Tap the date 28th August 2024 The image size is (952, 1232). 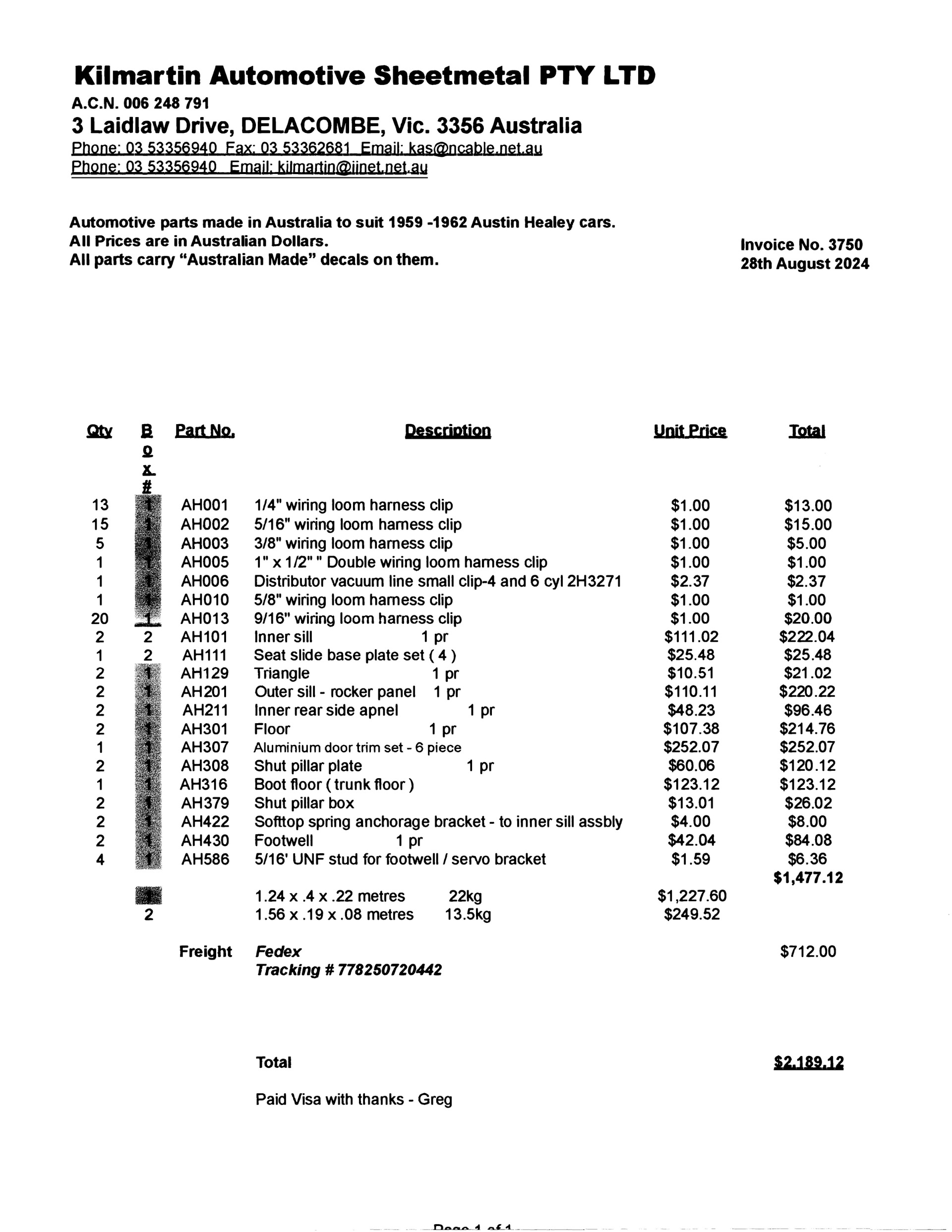tap(804, 264)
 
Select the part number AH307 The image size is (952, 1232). tap(205, 747)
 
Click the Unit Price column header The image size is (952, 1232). tap(690, 431)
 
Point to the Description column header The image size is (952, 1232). tap(448, 431)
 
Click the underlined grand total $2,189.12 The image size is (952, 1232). tap(808, 1063)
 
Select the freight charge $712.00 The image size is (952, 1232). tap(808, 952)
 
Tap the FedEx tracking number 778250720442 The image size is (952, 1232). tap(389, 970)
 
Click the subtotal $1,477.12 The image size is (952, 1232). tap(808, 878)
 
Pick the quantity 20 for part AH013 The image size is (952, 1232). tap(100, 619)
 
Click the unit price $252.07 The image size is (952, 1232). tap(691, 747)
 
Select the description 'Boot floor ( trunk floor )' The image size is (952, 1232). tap(334, 785)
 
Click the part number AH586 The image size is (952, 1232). tap(205, 859)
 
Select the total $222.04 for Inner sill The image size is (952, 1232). tap(807, 637)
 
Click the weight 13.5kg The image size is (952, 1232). tap(468, 915)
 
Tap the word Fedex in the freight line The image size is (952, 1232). tap(278, 952)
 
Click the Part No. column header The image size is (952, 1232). tap(205, 431)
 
